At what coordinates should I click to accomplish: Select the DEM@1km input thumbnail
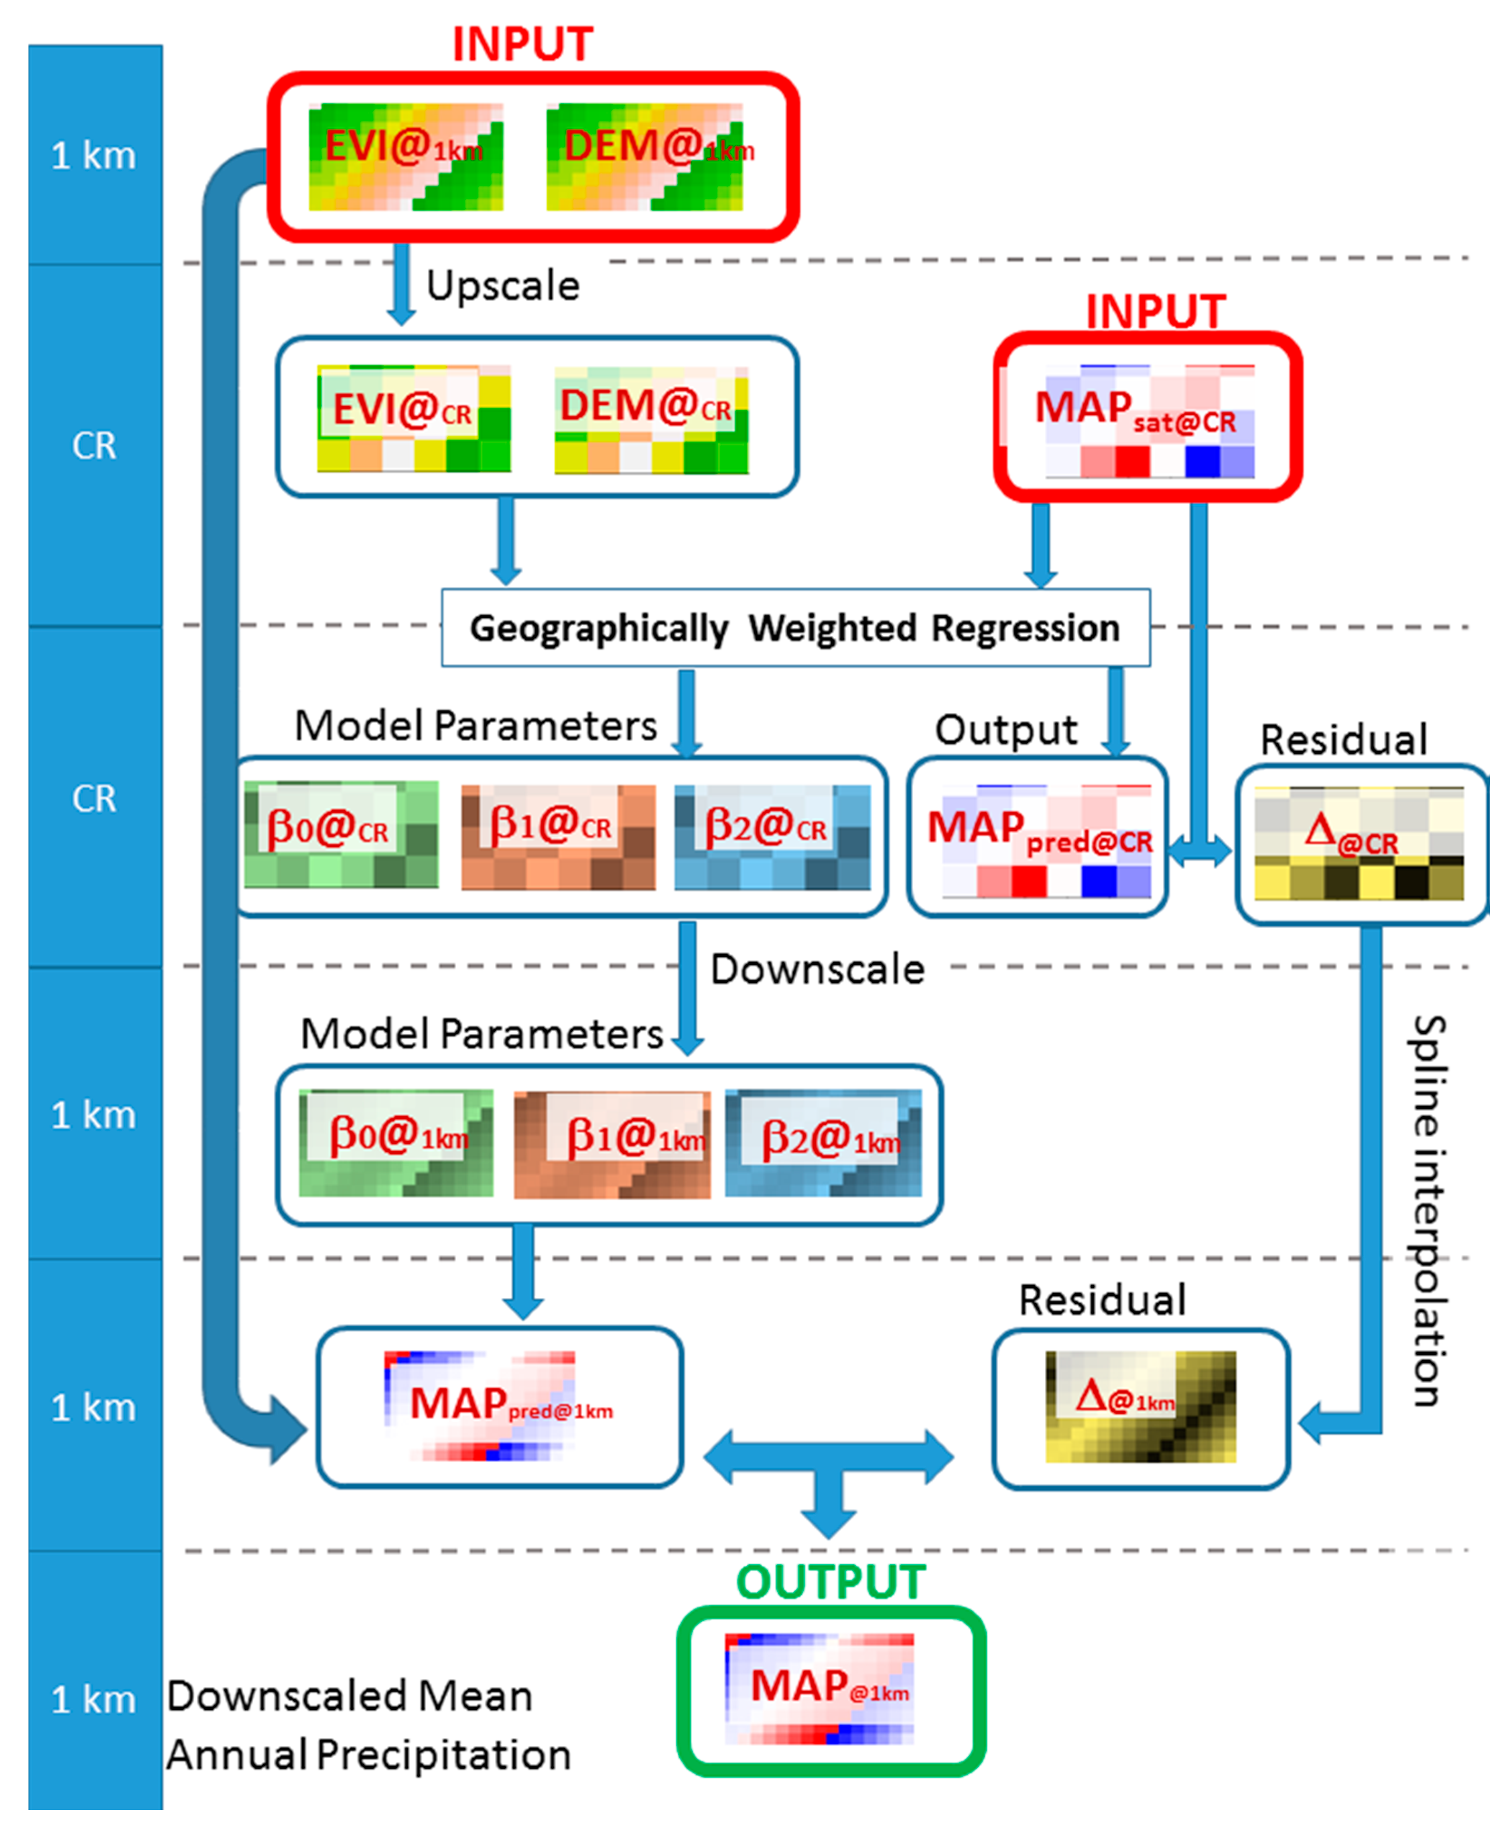click(644, 156)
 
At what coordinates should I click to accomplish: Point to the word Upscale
click(502, 286)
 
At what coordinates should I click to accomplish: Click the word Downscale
click(817, 969)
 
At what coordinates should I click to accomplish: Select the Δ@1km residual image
click(1140, 1406)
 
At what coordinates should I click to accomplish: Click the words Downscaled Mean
click(349, 1696)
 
